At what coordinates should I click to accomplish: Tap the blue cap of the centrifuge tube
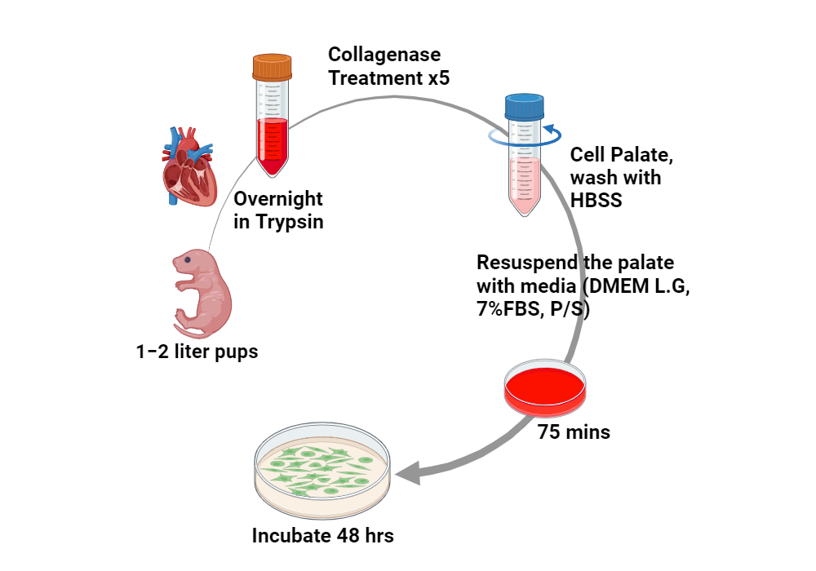tap(524, 106)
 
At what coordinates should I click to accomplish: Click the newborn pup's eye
tap(188, 260)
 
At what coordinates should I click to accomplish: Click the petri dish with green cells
tap(322, 472)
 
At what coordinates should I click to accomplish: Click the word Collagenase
tap(384, 55)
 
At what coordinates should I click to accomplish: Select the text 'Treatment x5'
tap(389, 78)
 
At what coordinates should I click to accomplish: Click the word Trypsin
tap(290, 222)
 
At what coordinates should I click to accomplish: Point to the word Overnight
tap(278, 199)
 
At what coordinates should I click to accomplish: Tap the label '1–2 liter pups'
tap(197, 352)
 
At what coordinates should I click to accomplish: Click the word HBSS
tap(596, 199)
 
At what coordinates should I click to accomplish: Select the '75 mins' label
tap(574, 432)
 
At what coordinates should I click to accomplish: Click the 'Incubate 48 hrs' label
tap(323, 536)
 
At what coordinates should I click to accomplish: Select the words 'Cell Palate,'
tap(620, 154)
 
